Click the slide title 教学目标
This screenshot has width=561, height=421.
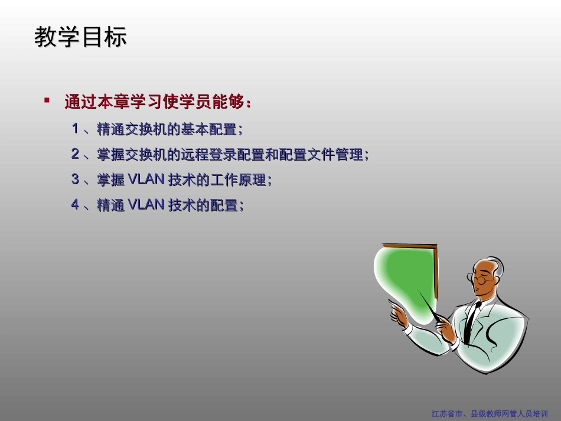click(80, 38)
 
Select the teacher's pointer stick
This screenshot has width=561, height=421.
click(428, 304)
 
